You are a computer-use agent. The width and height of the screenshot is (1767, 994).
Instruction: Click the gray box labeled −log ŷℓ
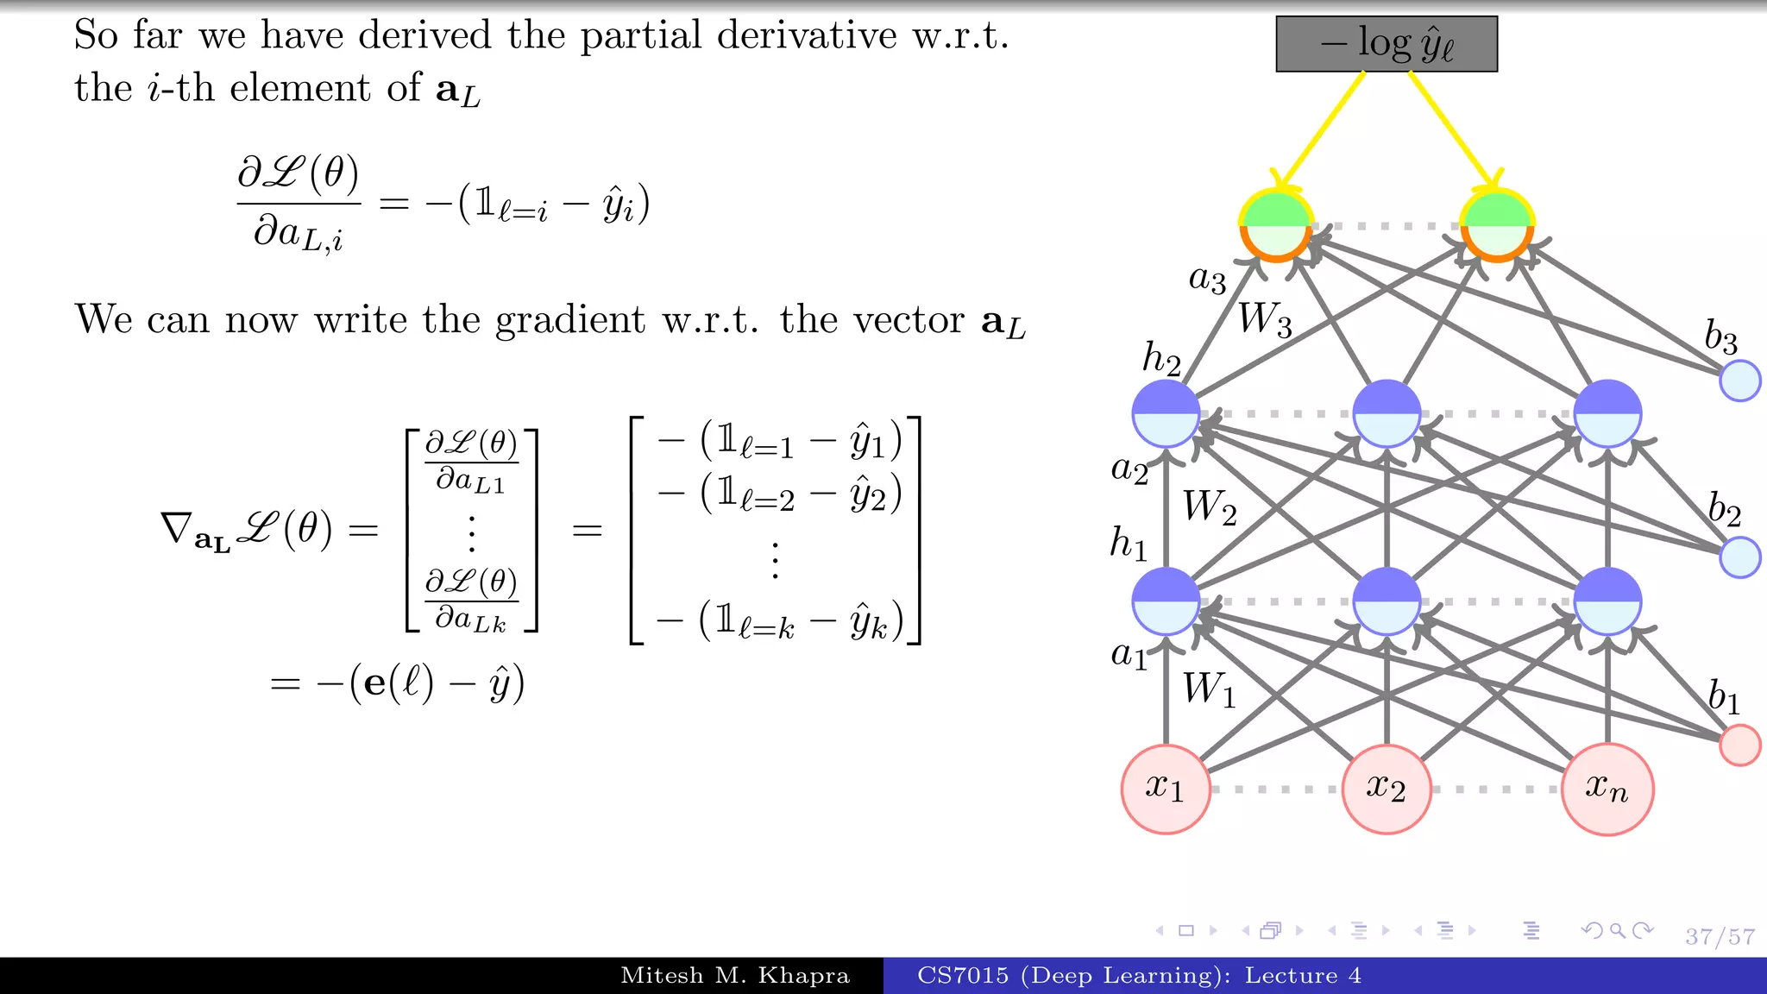1387,44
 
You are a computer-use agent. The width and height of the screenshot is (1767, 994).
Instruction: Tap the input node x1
1166,789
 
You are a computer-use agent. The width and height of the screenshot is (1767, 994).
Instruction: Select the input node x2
1387,789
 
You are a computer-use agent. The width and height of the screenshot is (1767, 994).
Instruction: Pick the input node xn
1607,789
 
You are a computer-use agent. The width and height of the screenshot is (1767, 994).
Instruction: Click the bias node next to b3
1739,381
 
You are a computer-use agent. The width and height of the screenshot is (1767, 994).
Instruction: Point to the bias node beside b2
1739,557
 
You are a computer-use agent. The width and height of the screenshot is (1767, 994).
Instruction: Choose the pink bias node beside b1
1739,745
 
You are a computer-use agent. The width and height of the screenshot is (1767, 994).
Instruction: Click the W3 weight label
1265,319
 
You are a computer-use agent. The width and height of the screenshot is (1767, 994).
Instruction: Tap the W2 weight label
1210,506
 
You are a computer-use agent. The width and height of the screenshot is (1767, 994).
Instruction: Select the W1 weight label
1209,689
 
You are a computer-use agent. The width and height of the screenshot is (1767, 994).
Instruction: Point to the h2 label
1161,357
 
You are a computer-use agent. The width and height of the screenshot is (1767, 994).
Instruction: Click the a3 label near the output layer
1207,279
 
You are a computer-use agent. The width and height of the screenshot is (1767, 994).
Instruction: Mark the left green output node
1276,225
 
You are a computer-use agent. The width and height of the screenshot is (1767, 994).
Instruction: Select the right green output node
1497,225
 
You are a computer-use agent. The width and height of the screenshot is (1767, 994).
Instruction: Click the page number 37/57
1720,937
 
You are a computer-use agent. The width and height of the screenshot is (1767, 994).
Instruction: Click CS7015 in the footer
962,976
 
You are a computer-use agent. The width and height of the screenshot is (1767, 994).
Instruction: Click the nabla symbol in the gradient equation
177,527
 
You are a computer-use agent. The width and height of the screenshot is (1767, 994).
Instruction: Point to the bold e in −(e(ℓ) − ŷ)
375,683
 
